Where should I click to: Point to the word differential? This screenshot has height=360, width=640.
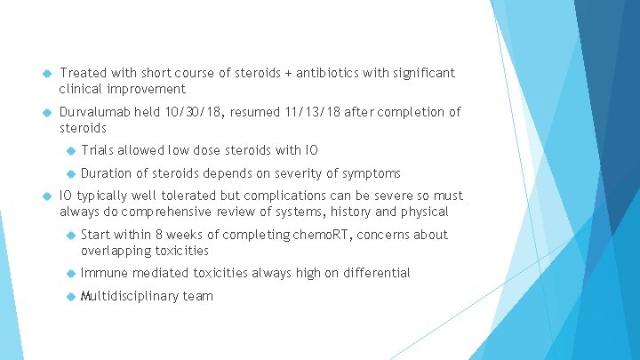(x=375, y=273)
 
